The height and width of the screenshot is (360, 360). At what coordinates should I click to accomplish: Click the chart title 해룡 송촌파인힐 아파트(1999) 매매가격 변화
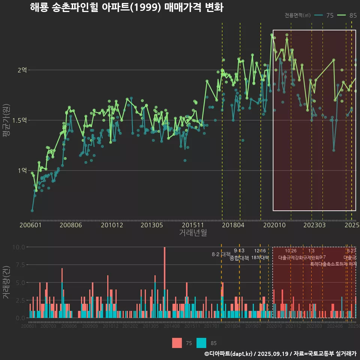(127, 7)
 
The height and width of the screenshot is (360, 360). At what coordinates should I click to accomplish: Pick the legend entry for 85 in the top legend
(347, 15)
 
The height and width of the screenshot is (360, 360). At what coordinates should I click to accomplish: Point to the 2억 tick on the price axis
(22, 70)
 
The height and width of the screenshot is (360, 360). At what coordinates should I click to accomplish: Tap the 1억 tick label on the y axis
(22, 171)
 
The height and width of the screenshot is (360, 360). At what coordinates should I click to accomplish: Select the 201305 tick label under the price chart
(151, 225)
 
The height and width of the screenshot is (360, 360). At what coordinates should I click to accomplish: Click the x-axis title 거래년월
(193, 233)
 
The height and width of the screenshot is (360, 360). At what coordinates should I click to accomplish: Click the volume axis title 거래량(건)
(6, 282)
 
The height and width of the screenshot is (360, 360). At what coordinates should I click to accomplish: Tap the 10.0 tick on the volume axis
(18, 247)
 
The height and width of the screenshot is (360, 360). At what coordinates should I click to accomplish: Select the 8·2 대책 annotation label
(221, 254)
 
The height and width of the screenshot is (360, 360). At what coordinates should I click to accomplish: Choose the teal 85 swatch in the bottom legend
(201, 343)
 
